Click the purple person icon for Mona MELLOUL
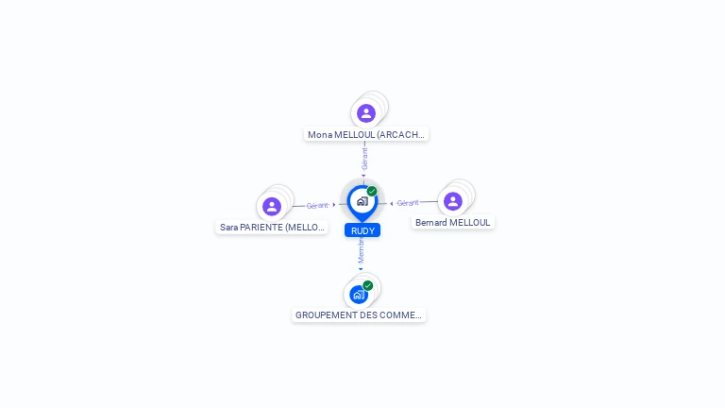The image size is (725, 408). coord(366,113)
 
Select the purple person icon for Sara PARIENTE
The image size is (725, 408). coord(272,206)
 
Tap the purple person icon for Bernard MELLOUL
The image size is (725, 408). coord(453,201)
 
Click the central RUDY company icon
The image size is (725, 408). coord(362,201)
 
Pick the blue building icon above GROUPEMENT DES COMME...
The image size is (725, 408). coord(358,294)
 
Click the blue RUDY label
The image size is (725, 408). coord(362,230)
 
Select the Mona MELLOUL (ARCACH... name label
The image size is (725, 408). coord(367,134)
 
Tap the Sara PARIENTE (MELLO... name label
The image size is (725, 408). coord(272,227)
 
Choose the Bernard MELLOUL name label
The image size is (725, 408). coord(453,222)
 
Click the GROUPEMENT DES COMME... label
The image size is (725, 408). coord(359,314)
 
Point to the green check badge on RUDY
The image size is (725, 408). coord(372,191)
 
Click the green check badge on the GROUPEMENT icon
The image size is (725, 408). coord(368,285)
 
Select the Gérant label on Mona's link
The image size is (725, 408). coord(364,158)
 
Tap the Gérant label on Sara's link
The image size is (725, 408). coord(317,205)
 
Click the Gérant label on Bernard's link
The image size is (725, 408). coord(408,203)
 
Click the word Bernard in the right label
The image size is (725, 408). coord(431,222)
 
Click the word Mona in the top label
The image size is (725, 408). coord(320,134)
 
